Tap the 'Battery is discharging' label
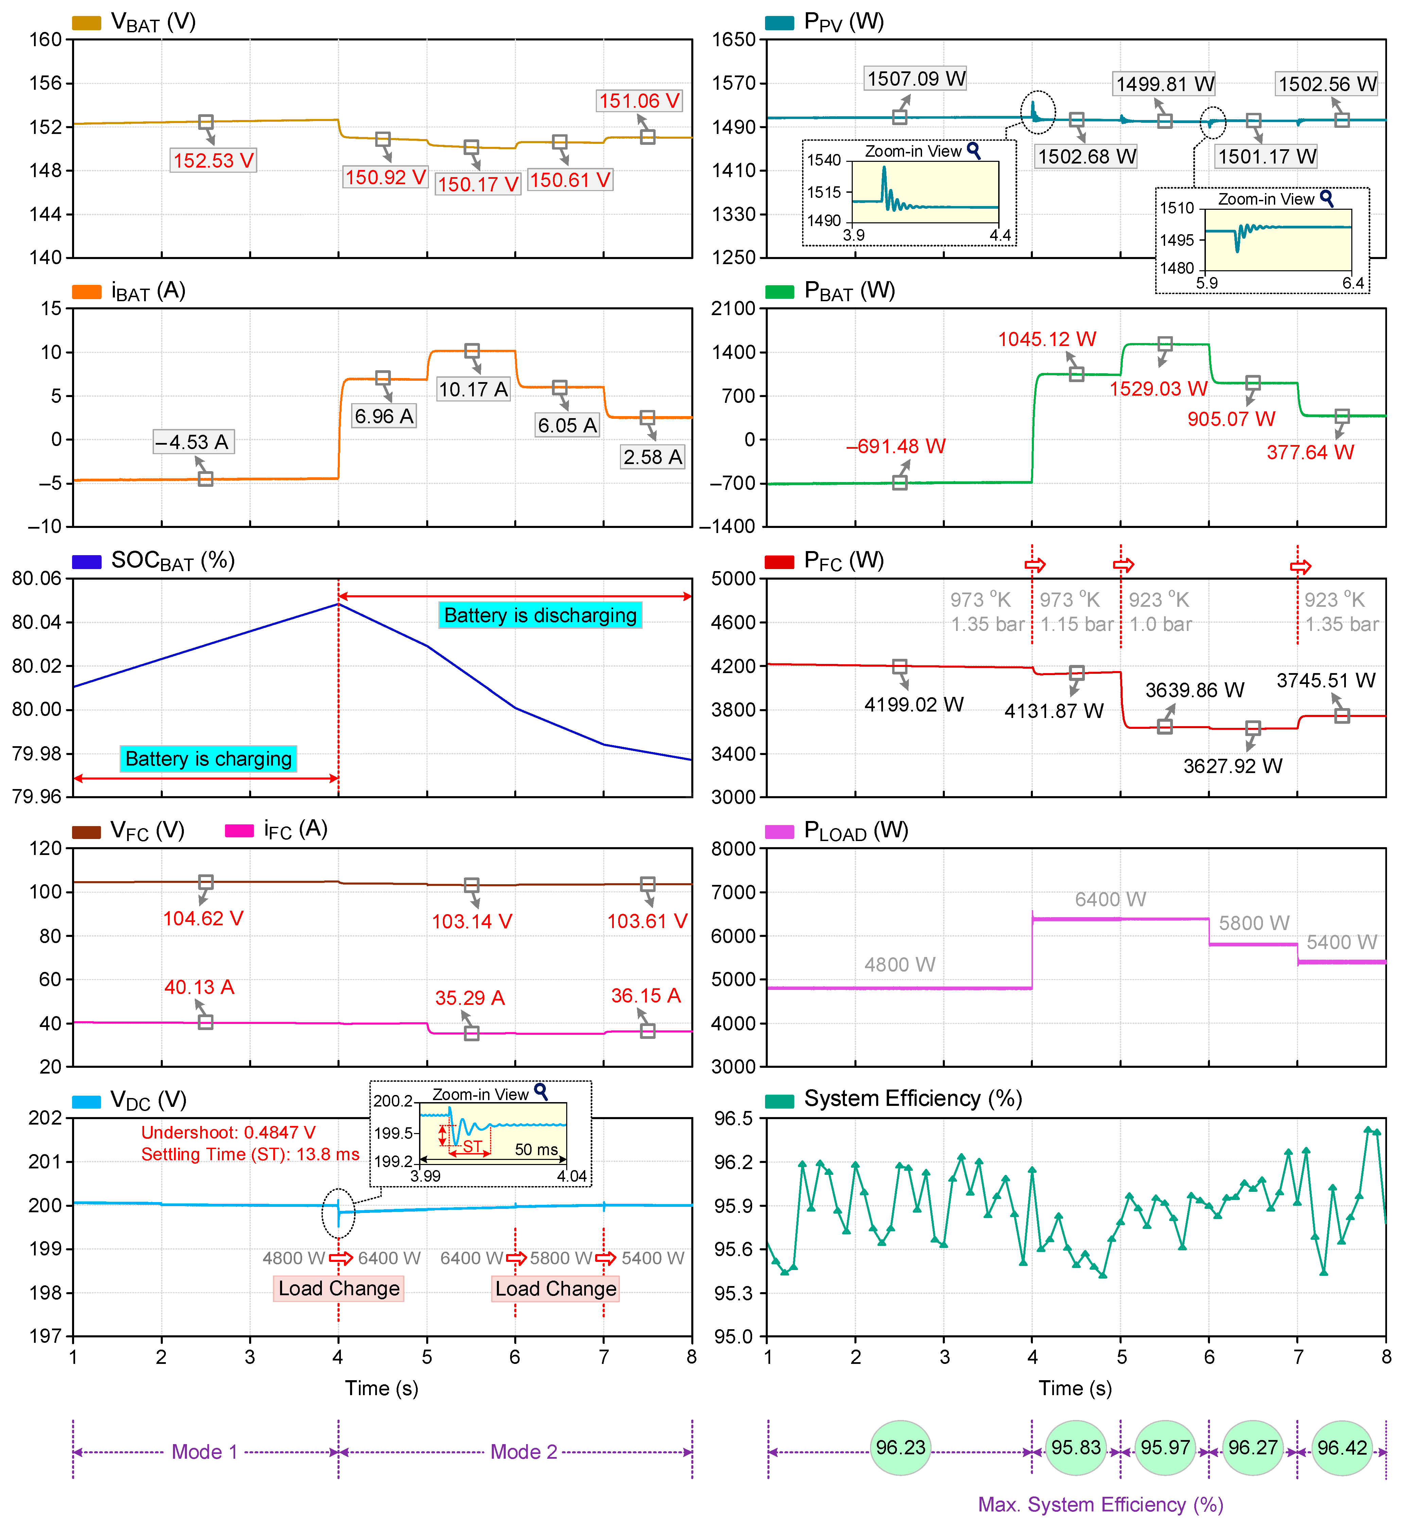[x=540, y=615]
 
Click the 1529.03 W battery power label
[x=1158, y=389]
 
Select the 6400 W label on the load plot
[x=1110, y=900]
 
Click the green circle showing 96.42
[x=1342, y=1447]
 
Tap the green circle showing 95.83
[x=1076, y=1447]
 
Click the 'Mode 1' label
[x=204, y=1452]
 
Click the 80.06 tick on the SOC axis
[x=36, y=579]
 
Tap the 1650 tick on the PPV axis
[x=733, y=39]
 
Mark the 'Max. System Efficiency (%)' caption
[x=1100, y=1504]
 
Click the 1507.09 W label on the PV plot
[x=916, y=78]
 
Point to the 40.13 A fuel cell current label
[x=199, y=987]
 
